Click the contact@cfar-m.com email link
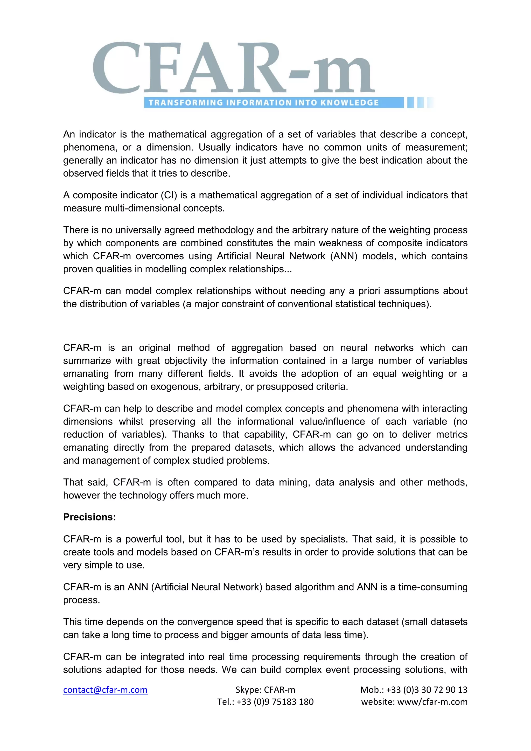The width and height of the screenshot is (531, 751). tap(105, 690)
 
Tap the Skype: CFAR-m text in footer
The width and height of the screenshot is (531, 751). tap(265, 690)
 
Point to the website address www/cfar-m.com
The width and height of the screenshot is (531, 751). tap(432, 702)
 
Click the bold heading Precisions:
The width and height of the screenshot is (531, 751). tap(89, 517)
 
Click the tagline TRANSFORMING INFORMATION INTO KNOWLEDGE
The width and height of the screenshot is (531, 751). tap(263, 103)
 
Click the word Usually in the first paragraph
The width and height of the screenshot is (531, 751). tap(214, 148)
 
